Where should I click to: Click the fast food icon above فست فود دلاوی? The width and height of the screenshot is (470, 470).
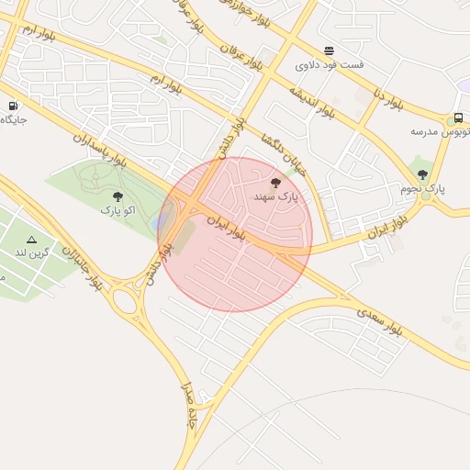click(329, 50)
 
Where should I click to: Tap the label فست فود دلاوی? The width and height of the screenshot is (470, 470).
click(329, 65)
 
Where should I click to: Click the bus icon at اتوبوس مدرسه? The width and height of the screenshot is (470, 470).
click(458, 118)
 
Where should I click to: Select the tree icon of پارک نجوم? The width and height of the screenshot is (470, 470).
click(422, 173)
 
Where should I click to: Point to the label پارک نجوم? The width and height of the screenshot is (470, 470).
click(422, 188)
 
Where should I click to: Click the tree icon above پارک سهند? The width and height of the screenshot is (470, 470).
click(276, 184)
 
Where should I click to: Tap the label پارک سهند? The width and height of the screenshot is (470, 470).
click(276, 197)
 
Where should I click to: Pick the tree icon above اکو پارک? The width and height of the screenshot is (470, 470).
click(117, 196)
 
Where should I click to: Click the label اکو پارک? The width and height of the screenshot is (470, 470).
click(117, 210)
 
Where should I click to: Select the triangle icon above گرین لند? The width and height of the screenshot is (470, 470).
click(31, 240)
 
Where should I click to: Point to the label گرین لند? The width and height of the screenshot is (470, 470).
click(31, 252)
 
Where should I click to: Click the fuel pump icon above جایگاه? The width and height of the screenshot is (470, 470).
click(13, 106)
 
